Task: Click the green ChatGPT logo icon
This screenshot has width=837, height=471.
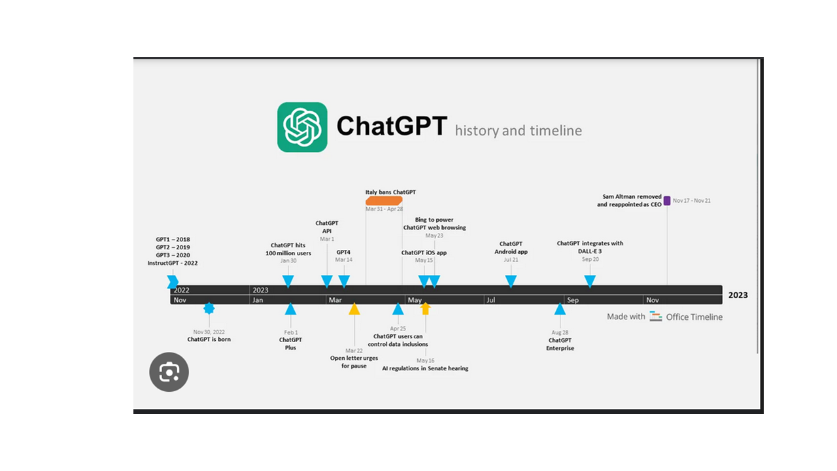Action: (x=302, y=127)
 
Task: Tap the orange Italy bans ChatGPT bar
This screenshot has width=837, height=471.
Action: (x=384, y=200)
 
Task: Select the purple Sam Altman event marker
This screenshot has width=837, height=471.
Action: (x=667, y=201)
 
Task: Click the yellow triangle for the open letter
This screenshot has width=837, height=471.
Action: (x=354, y=309)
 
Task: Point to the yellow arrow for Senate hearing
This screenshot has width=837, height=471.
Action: (x=425, y=308)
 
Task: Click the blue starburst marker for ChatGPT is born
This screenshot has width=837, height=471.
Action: (x=209, y=308)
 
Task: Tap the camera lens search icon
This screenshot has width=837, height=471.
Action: (x=169, y=372)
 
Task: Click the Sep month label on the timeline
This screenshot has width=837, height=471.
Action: (x=573, y=300)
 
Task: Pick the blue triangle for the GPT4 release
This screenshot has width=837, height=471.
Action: (x=344, y=281)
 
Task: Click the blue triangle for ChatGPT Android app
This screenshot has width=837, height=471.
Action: (x=511, y=281)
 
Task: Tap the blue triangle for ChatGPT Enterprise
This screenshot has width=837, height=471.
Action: (x=560, y=309)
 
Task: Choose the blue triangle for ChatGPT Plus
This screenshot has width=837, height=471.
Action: (x=290, y=309)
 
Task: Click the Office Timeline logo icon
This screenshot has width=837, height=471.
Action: (x=656, y=317)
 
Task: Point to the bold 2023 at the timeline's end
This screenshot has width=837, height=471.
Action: (x=738, y=295)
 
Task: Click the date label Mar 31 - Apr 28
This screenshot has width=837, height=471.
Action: (x=384, y=209)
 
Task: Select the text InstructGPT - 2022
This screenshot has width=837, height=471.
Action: (x=173, y=263)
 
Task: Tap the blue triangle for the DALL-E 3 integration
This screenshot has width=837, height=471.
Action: (x=590, y=281)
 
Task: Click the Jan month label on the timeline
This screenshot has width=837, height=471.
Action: (x=258, y=300)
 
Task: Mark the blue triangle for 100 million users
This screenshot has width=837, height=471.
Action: (x=288, y=281)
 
